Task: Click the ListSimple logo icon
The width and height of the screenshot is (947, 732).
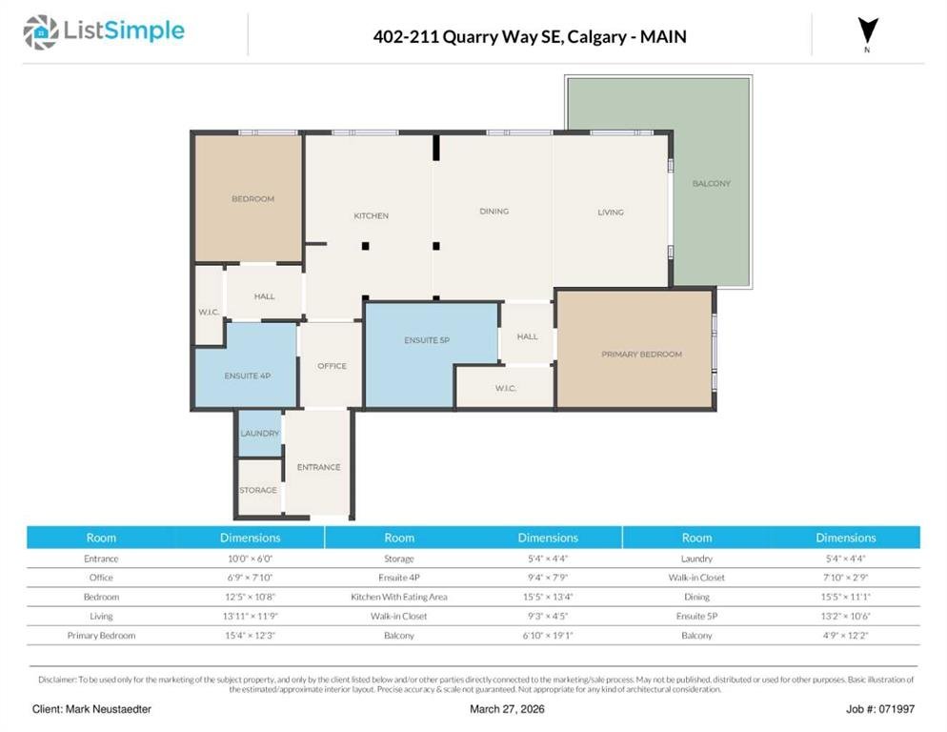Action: (40, 32)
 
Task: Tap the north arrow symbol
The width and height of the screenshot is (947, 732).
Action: (868, 30)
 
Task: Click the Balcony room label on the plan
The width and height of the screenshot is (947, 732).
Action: (712, 183)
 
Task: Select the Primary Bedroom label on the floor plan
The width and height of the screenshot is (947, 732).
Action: (641, 355)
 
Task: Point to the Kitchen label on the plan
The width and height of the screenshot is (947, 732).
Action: (371, 215)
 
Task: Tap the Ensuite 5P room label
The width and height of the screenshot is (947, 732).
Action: (427, 340)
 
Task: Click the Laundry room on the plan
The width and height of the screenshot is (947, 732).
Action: (260, 434)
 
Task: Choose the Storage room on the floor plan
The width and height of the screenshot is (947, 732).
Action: (258, 488)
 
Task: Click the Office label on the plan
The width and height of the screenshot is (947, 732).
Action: (332, 366)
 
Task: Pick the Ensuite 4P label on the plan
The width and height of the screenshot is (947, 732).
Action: (248, 376)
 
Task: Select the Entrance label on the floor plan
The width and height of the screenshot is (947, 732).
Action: (319, 467)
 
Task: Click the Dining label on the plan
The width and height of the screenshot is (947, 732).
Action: (494, 211)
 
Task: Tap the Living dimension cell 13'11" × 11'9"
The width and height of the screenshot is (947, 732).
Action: (250, 616)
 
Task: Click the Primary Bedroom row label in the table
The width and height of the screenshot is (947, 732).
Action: (101, 636)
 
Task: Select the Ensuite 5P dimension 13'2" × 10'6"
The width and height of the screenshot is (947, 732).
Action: (846, 616)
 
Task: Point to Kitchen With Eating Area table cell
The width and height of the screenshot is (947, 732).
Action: (399, 597)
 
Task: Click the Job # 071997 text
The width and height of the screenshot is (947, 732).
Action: (880, 709)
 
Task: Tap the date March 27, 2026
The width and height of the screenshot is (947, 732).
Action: (507, 709)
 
